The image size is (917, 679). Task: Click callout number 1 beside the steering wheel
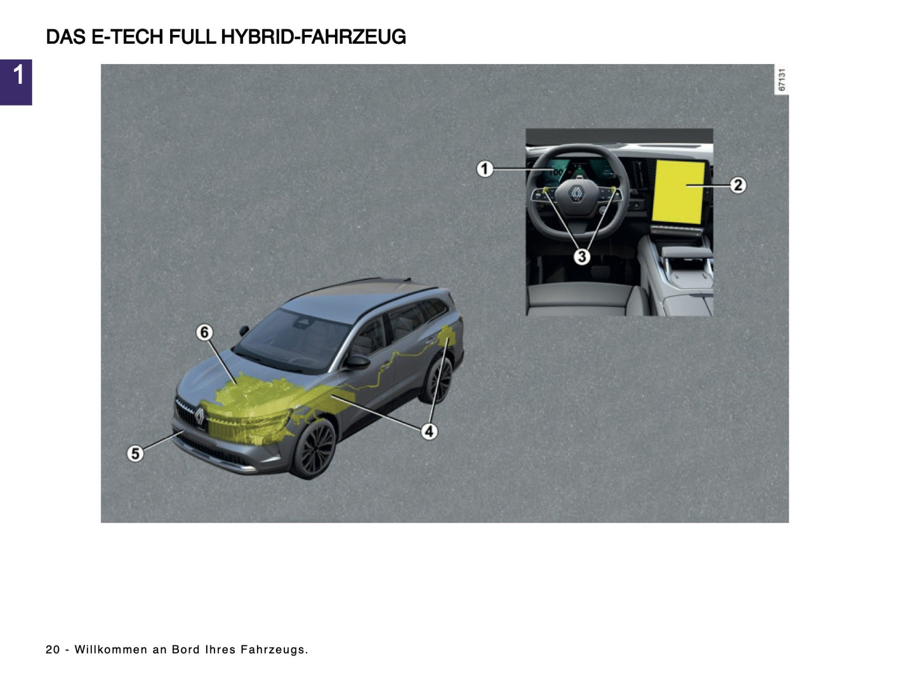[485, 169]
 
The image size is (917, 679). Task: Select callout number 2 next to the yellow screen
[737, 185]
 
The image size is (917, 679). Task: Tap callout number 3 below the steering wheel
[581, 256]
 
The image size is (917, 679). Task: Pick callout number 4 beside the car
[430, 432]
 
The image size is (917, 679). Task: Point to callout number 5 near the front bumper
[135, 453]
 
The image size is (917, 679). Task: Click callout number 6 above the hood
[204, 332]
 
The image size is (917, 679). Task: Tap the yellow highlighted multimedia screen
[679, 192]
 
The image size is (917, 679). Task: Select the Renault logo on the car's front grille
[199, 417]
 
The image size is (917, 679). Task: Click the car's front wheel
[315, 447]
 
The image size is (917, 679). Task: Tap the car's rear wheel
[439, 381]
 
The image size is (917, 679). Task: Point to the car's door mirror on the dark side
[357, 361]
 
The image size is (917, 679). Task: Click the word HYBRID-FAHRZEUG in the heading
[313, 37]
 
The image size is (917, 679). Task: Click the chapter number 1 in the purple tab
[18, 76]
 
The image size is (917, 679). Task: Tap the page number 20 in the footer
[53, 650]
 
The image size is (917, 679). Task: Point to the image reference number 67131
[782, 80]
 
